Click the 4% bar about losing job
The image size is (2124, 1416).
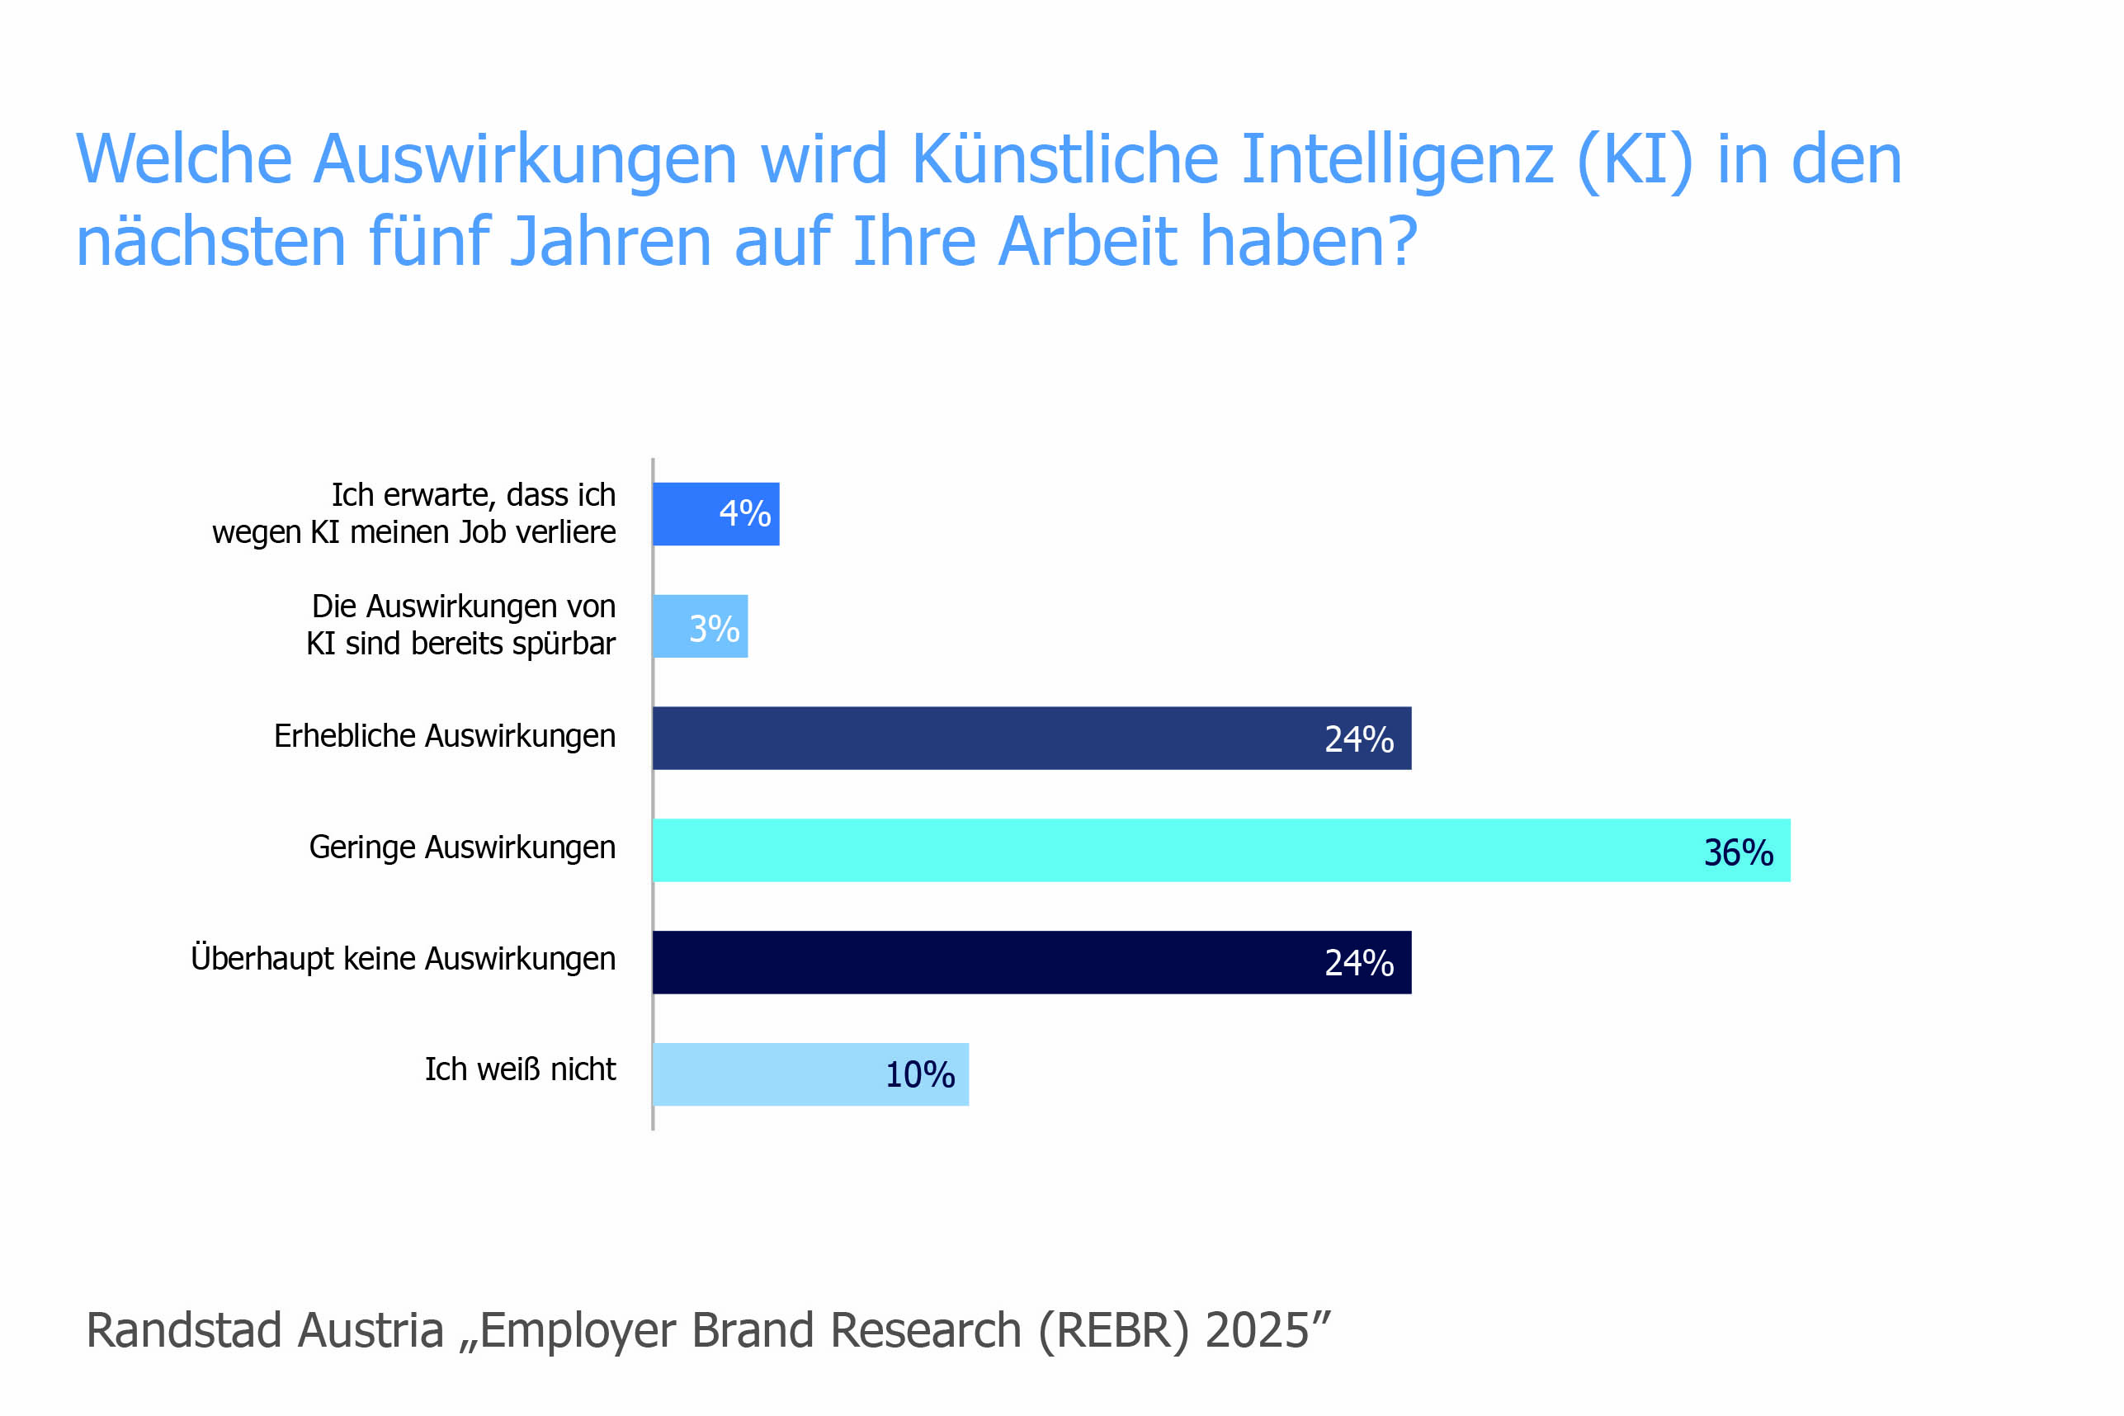pos(687,514)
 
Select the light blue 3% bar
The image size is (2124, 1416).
pos(673,625)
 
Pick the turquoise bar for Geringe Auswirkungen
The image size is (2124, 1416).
pos(1174,850)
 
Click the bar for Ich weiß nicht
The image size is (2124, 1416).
pos(767,1074)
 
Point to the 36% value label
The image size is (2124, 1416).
pos(1738,852)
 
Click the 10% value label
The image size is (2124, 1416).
pos(919,1074)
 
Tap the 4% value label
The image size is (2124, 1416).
pos(744,514)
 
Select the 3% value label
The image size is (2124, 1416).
pos(714,629)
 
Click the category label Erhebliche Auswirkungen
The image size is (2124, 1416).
pos(444,736)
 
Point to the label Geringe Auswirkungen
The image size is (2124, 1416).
pos(461,847)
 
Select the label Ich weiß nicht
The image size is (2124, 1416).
pos(520,1069)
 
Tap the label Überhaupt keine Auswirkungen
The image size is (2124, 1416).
pos(403,958)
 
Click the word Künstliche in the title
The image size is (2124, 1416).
pos(1064,159)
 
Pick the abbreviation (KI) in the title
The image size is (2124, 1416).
pos(1634,160)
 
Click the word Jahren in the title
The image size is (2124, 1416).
pos(611,242)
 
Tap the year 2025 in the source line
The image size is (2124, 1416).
pos(1256,1330)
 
